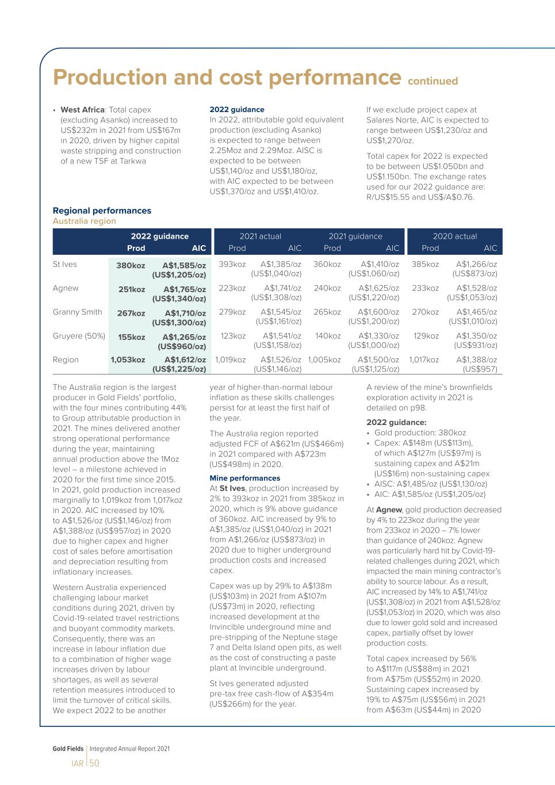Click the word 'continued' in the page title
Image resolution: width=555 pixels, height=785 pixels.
click(x=432, y=81)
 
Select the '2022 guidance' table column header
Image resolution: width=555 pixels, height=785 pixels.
click(x=159, y=236)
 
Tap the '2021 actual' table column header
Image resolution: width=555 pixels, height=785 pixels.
click(x=261, y=236)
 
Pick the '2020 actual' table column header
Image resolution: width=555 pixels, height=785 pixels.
click(x=455, y=236)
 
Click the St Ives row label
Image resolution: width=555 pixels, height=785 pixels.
click(x=64, y=265)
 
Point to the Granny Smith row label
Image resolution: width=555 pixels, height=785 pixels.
click(x=77, y=312)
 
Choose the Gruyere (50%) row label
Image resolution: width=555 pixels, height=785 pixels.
click(x=79, y=336)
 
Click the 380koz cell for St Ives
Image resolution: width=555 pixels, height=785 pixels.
click(x=131, y=266)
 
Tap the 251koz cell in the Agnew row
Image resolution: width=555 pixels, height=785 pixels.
click(x=132, y=289)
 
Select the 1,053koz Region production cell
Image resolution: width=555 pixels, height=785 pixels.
click(x=128, y=360)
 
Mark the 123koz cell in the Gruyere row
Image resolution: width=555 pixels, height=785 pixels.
click(x=233, y=336)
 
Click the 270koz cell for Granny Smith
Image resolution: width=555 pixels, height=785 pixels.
click(x=425, y=312)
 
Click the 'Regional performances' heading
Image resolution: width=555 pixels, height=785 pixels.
click(x=102, y=210)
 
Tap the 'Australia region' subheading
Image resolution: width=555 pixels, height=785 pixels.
click(x=84, y=221)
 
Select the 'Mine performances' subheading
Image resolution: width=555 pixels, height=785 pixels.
click(x=244, y=478)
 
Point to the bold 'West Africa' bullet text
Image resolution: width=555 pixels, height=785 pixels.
click(x=82, y=110)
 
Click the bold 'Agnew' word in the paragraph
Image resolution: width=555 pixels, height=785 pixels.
click(x=389, y=510)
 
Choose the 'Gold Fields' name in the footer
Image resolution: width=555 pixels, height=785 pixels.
click(x=68, y=749)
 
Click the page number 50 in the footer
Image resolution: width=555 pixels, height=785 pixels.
click(x=94, y=763)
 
